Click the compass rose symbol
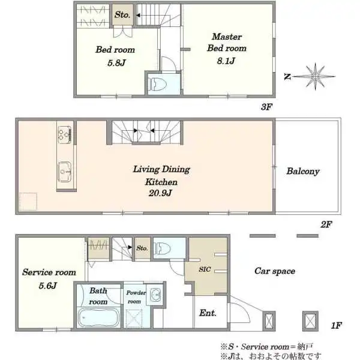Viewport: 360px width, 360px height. pyautogui.click(x=315, y=77)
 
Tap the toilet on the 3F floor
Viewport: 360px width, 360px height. pyautogui.click(x=156, y=83)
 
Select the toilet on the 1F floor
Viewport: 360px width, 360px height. pyautogui.click(x=163, y=248)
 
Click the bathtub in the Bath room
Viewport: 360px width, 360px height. pyautogui.click(x=98, y=317)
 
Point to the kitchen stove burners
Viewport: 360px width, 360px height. pyautogui.click(x=65, y=134)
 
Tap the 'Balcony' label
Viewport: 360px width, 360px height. pyautogui.click(x=303, y=172)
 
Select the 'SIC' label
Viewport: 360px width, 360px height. pyautogui.click(x=205, y=269)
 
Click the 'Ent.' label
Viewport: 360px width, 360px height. pyautogui.click(x=208, y=313)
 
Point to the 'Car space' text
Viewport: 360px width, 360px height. pyautogui.click(x=275, y=271)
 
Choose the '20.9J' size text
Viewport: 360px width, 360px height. pyautogui.click(x=160, y=193)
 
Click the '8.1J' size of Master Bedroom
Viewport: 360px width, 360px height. pyautogui.click(x=226, y=61)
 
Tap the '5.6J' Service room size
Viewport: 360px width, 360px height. pyautogui.click(x=48, y=286)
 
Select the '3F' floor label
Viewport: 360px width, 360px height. pyautogui.click(x=266, y=107)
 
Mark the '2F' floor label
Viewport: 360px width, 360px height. pyautogui.click(x=326, y=224)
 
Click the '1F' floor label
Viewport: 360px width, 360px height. pyautogui.click(x=337, y=326)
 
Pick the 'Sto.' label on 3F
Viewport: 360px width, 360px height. pyautogui.click(x=122, y=15)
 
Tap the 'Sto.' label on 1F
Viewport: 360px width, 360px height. pyautogui.click(x=142, y=248)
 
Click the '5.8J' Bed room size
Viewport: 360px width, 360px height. pyautogui.click(x=116, y=63)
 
